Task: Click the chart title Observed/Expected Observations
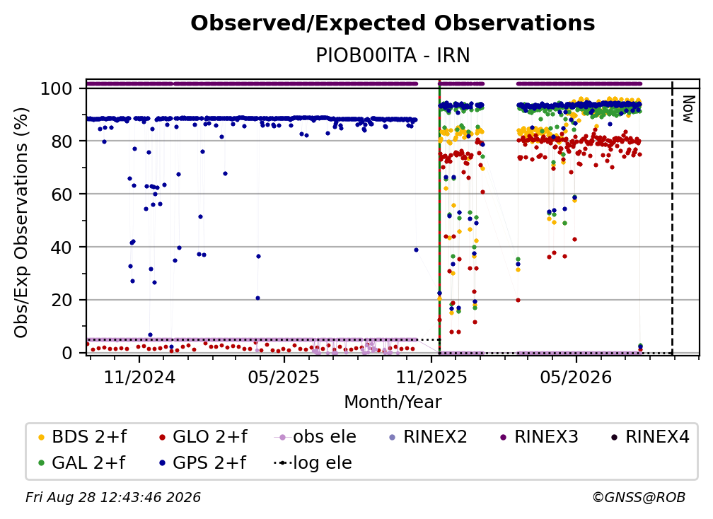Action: click(x=393, y=23)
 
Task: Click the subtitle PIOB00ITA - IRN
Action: click(x=393, y=55)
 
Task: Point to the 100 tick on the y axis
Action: click(x=57, y=88)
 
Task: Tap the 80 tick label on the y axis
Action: click(x=62, y=141)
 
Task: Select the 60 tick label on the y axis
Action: click(x=62, y=194)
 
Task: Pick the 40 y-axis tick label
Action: click(x=62, y=247)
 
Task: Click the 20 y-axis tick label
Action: click(x=62, y=300)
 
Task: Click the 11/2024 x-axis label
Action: click(x=139, y=377)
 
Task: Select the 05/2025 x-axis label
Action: click(x=284, y=377)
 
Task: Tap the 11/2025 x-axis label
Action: click(x=431, y=377)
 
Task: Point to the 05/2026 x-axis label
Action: click(x=576, y=377)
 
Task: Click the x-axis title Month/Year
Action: click(x=393, y=402)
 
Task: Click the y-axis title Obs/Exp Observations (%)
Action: click(x=21, y=222)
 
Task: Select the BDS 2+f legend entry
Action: click(x=82, y=437)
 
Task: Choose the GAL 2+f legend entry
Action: click(x=81, y=463)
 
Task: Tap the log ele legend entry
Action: click(x=313, y=463)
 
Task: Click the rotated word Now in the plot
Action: click(x=688, y=109)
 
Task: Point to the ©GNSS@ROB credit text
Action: click(x=639, y=497)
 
